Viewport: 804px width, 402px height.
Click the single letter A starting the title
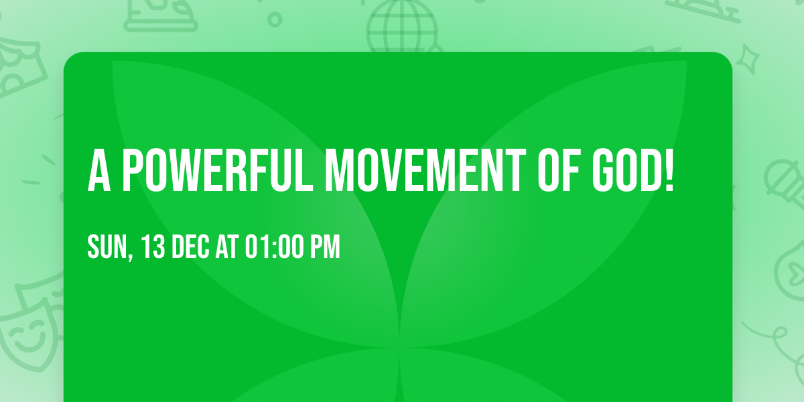[98, 171]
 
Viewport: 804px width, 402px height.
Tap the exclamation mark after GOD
[667, 171]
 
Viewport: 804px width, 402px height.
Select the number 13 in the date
[153, 247]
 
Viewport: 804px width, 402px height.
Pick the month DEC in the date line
[192, 247]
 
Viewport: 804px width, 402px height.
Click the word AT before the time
[227, 247]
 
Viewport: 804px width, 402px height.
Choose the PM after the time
[326, 247]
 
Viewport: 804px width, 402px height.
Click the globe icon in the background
[401, 25]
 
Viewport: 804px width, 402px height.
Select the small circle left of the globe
[274, 19]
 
